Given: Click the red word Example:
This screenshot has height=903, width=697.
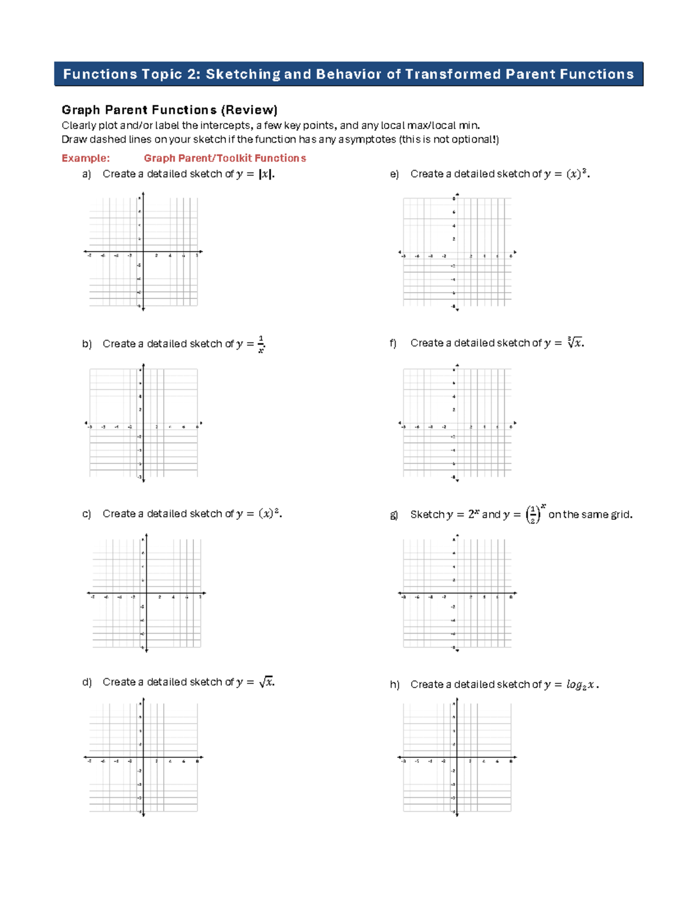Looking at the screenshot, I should click(85, 158).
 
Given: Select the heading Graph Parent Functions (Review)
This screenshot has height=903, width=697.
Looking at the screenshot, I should click(170, 110).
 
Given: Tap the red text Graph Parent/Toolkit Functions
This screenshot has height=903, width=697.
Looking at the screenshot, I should click(225, 158).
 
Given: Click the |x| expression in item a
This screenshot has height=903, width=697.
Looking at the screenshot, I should click(265, 174).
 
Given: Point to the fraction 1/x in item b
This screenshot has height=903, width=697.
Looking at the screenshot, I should click(261, 344).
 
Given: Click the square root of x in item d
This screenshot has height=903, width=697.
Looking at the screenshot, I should click(267, 682).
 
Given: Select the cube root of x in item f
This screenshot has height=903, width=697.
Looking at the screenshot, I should click(575, 343).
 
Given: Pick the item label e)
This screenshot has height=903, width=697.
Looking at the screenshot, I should click(394, 174).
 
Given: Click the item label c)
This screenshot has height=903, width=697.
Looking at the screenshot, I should click(87, 514).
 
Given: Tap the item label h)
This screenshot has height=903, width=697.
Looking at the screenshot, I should click(394, 685).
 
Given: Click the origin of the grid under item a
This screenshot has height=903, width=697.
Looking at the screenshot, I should click(143, 252).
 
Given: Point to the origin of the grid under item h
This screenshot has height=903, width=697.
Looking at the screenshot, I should click(457, 757).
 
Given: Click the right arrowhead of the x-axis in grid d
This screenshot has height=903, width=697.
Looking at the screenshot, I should click(202, 757).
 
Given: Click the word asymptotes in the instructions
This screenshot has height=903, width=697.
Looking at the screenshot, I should click(367, 139).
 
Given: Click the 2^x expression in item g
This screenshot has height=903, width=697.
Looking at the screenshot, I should click(473, 514).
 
